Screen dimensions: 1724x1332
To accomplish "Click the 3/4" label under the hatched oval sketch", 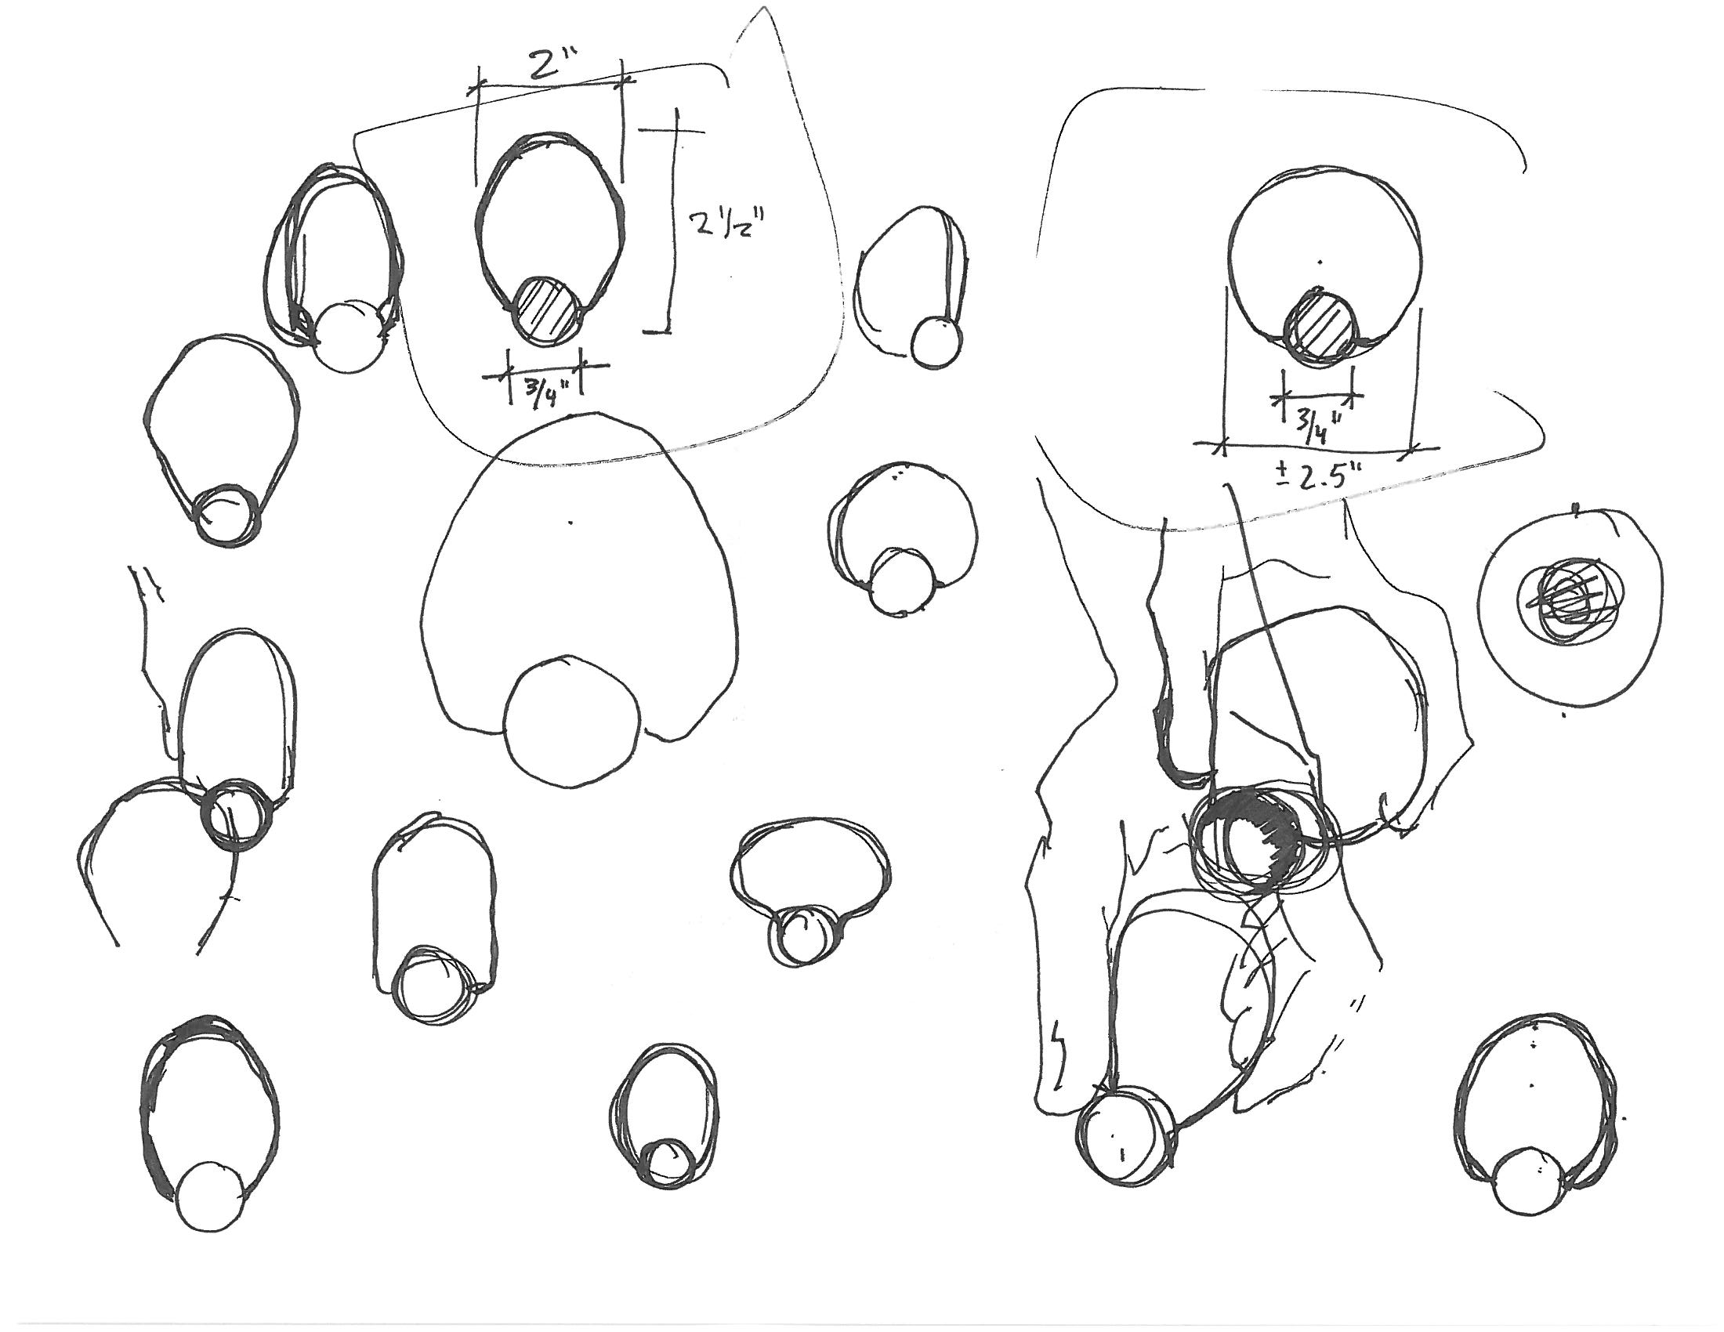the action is [542, 389].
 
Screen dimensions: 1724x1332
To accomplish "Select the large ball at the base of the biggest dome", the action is [570, 719].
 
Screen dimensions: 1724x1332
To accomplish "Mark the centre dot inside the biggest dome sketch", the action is [570, 522].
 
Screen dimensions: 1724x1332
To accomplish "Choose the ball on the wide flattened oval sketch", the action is [800, 935].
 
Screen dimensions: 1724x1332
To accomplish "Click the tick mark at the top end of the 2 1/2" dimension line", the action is [675, 130].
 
